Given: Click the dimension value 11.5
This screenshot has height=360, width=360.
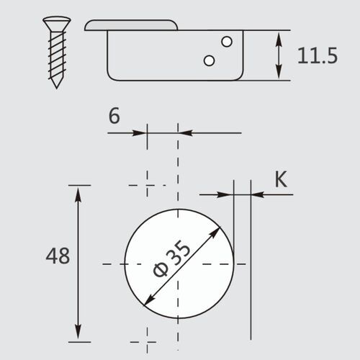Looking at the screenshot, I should click(317, 55).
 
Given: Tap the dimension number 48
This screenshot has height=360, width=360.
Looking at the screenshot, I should click(58, 256).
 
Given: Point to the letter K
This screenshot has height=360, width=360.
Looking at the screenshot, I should click(282, 179).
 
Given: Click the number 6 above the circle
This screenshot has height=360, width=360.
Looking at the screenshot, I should click(114, 117).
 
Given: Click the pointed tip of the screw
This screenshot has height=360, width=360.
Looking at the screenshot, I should click(55, 86).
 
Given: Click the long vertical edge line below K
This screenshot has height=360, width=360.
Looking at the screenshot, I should click(251, 288).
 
